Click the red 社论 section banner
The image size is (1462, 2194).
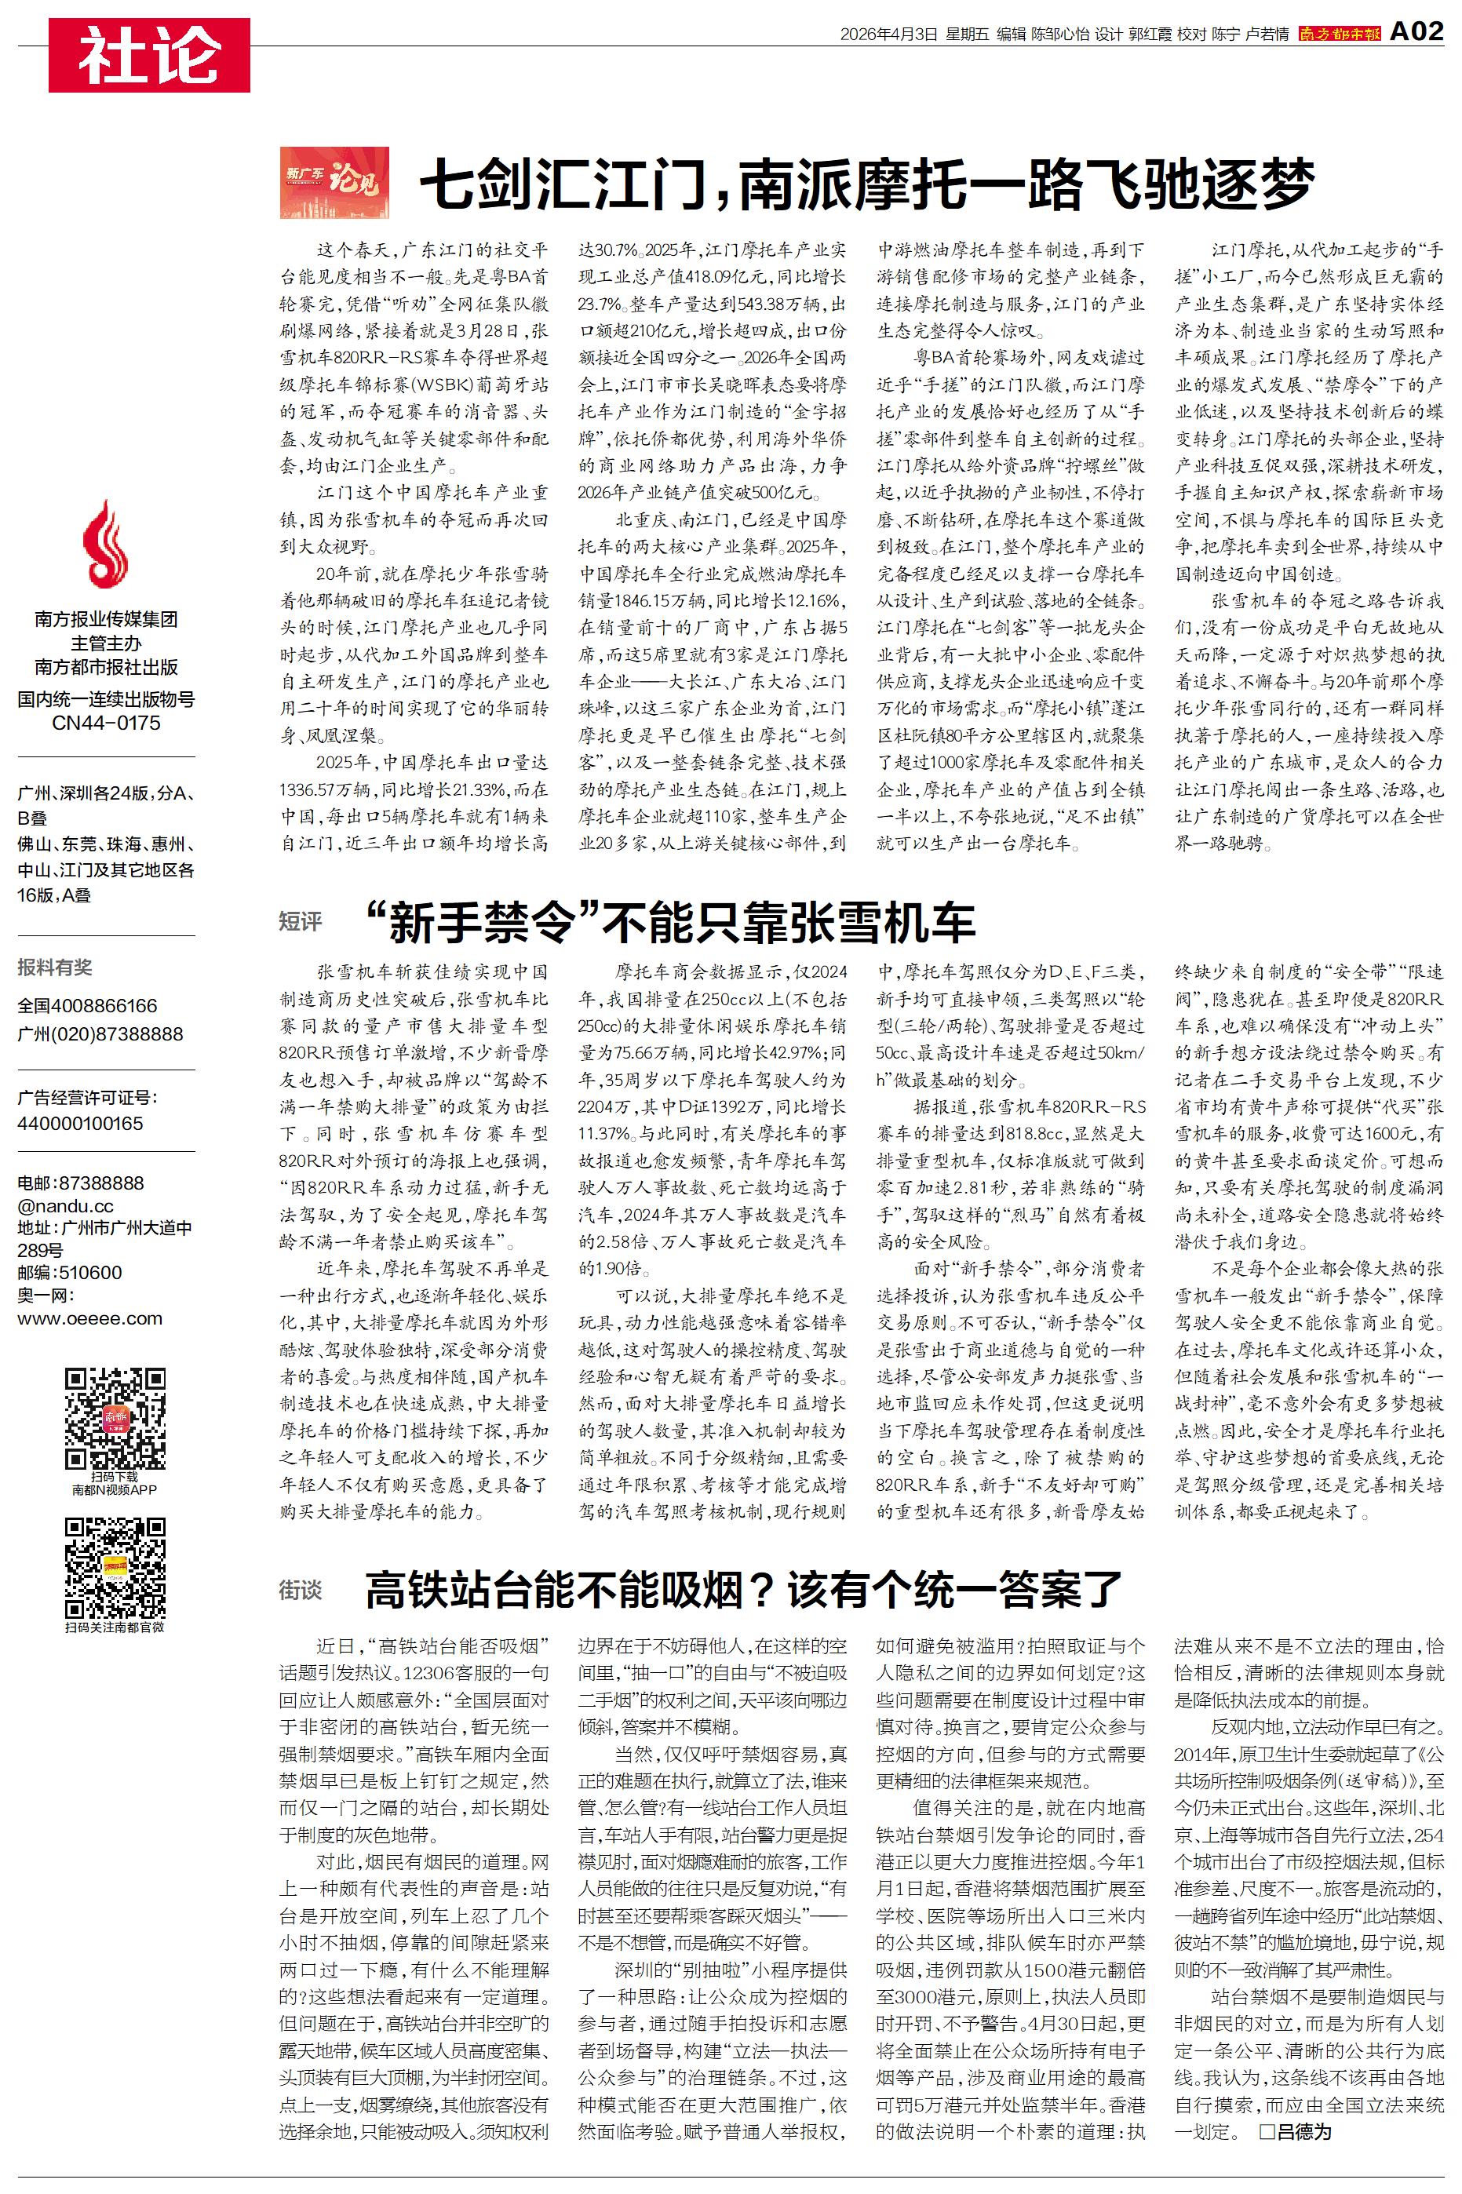pyautogui.click(x=149, y=55)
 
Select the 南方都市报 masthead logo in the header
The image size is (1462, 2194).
pyautogui.click(x=1339, y=34)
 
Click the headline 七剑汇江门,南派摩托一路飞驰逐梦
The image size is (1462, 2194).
pyautogui.click(x=867, y=184)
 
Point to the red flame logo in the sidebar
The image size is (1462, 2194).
pyautogui.click(x=105, y=543)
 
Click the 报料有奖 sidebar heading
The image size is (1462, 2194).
pyautogui.click(x=55, y=968)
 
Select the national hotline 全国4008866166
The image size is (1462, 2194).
pyautogui.click(x=88, y=1006)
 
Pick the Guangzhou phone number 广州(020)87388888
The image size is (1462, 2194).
pyautogui.click(x=100, y=1033)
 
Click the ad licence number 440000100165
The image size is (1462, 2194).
pyautogui.click(x=80, y=1123)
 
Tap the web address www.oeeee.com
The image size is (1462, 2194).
pyautogui.click(x=89, y=1318)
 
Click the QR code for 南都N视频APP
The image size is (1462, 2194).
pyautogui.click(x=115, y=1418)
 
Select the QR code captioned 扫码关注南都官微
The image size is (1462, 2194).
pyautogui.click(x=115, y=1568)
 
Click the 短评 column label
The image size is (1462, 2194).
pyautogui.click(x=301, y=922)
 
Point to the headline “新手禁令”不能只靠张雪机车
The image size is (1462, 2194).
pyautogui.click(x=670, y=922)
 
